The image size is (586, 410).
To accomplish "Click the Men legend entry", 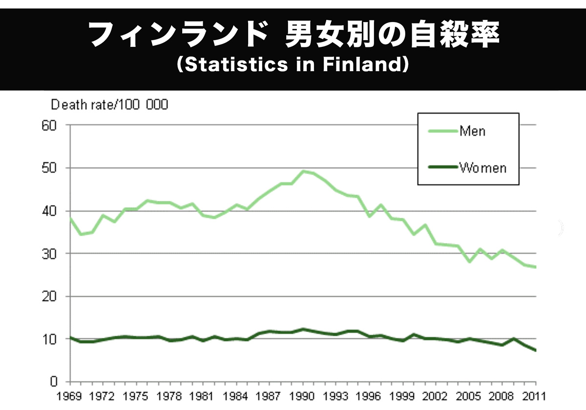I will [x=472, y=131].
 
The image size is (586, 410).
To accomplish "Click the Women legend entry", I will [x=482, y=168].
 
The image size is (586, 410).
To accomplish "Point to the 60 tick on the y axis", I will [x=50, y=125].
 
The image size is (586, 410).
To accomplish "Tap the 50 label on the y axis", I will [x=50, y=168].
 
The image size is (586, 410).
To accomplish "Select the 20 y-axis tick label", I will [x=50, y=296].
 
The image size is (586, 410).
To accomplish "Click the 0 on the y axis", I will [x=54, y=382].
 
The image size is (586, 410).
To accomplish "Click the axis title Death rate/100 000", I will [x=110, y=105].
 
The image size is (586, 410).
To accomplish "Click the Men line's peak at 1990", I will [x=304, y=171].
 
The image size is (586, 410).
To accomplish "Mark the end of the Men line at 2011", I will [x=536, y=267].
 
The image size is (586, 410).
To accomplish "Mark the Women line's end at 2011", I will [x=536, y=350].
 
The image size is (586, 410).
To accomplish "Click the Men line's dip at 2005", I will [x=470, y=262].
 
